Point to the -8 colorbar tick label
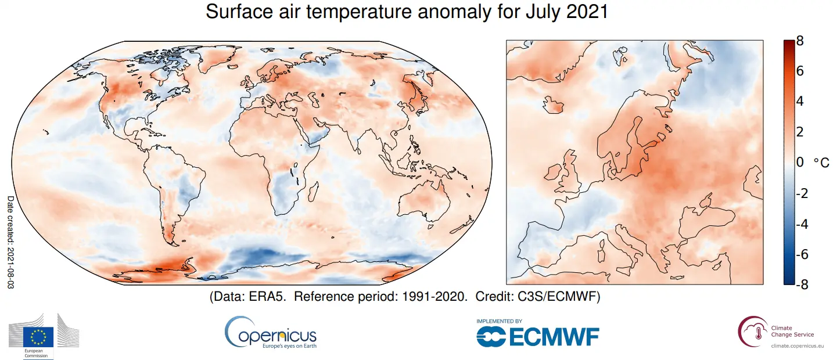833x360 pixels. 801,285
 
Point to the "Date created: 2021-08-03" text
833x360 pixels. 10,241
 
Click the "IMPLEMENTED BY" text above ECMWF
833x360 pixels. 499,321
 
